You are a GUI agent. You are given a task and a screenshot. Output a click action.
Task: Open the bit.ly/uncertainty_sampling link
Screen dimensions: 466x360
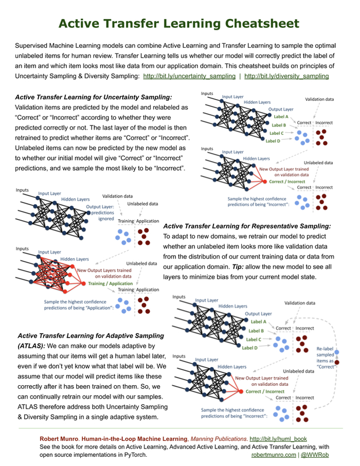[189, 76]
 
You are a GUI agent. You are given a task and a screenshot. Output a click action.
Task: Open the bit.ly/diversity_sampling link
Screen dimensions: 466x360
[286, 76]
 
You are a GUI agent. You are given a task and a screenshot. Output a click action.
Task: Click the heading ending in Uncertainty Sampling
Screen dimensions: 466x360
[94, 97]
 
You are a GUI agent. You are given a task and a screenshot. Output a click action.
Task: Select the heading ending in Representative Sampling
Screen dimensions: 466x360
[247, 226]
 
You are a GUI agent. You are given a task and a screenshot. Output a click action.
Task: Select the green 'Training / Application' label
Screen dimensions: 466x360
[110, 283]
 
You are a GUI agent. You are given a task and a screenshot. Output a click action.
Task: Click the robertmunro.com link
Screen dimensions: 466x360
[273, 455]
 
